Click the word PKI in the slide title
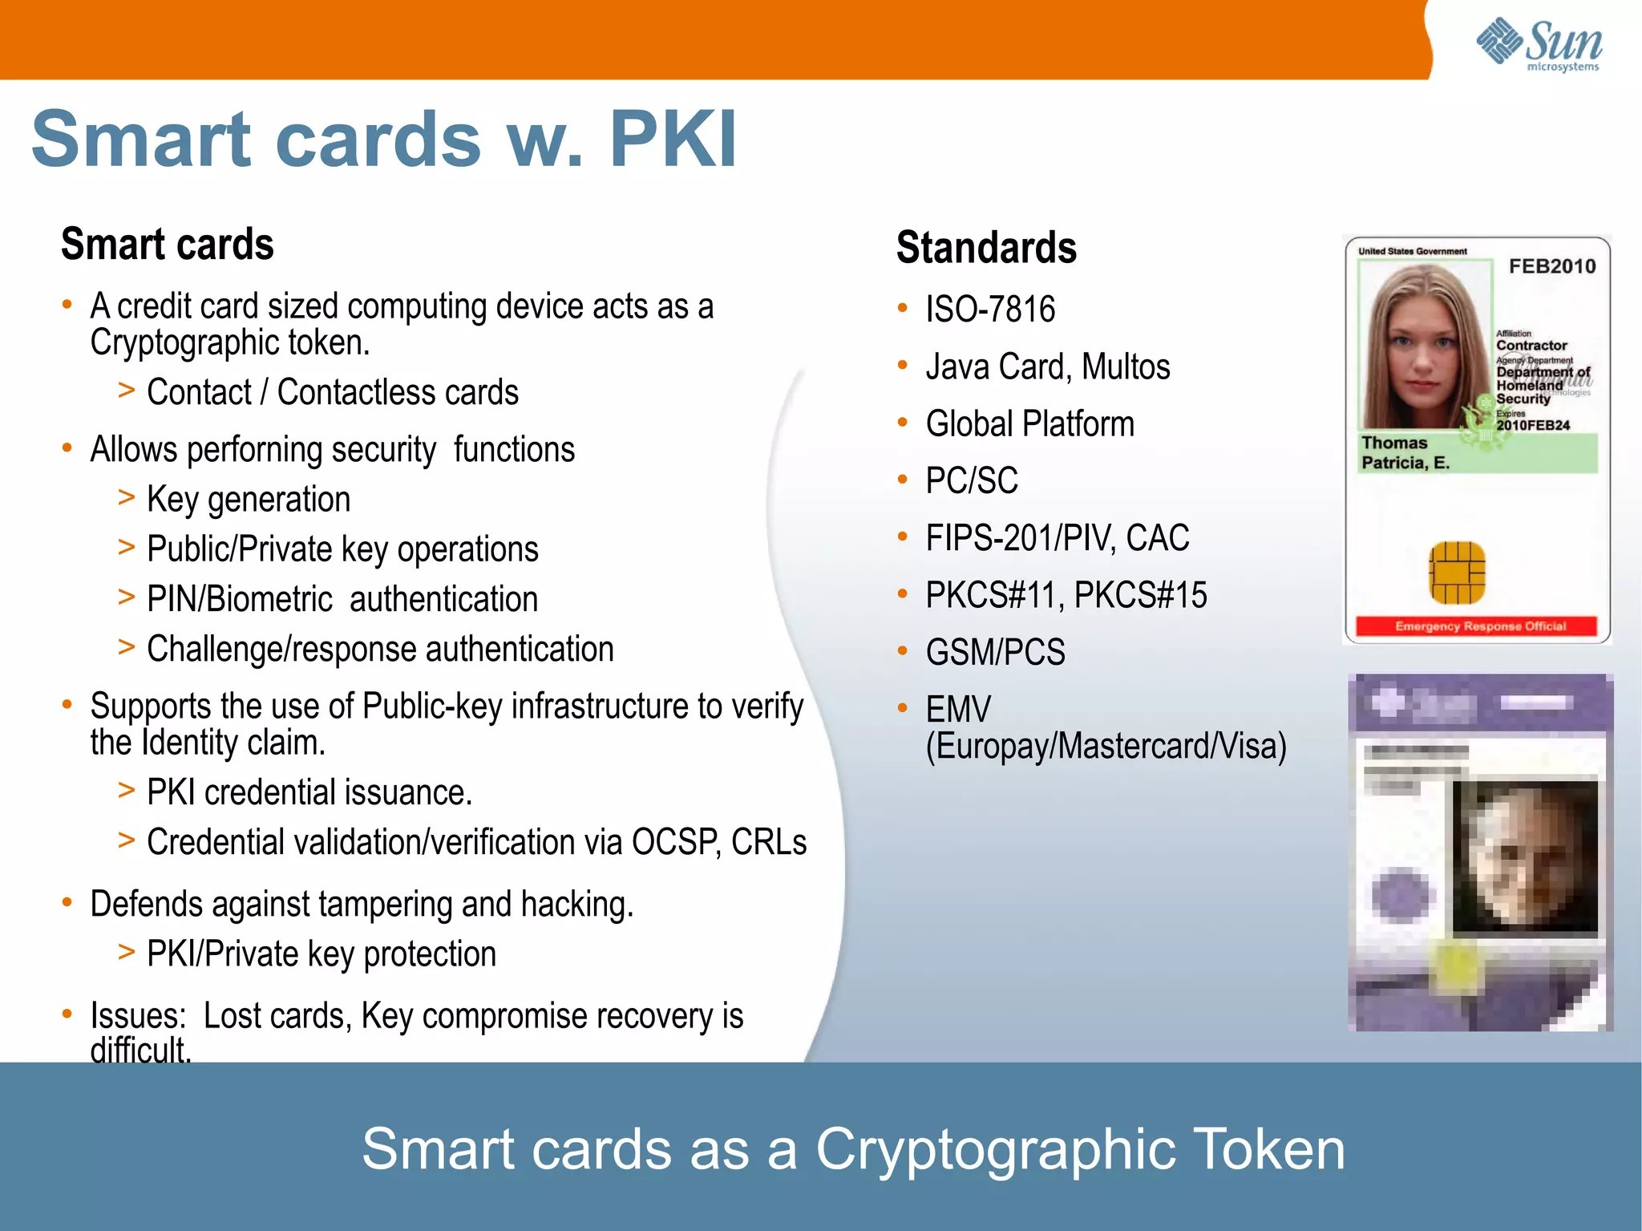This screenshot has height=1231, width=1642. point(673,140)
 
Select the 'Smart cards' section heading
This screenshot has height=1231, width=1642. point(168,244)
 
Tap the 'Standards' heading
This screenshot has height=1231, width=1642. point(986,247)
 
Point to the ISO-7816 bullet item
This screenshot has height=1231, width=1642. point(990,310)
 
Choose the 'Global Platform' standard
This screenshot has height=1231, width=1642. point(1029,423)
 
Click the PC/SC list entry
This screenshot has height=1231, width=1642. point(972,481)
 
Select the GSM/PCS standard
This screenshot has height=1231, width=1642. point(995,652)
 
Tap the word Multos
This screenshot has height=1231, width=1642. point(1126,367)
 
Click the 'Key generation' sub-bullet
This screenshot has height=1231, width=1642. point(249,500)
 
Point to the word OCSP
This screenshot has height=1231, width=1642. point(674,842)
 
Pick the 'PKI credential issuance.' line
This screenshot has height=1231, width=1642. point(309,792)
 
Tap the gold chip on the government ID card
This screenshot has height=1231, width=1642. point(1457,573)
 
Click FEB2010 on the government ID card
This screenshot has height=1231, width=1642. point(1551,266)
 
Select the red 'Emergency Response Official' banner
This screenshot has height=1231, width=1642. point(1476,626)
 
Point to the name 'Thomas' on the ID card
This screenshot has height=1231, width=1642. point(1394,443)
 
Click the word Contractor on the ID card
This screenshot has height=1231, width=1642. point(1531,346)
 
